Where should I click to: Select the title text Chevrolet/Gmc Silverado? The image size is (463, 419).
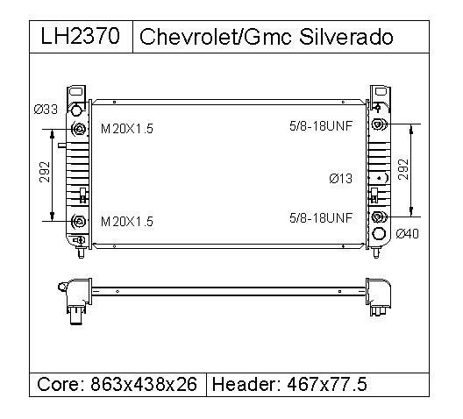pyautogui.click(x=267, y=37)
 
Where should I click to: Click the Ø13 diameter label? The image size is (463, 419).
pyautogui.click(x=340, y=179)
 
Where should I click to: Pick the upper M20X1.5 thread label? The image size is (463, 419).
pyautogui.click(x=127, y=129)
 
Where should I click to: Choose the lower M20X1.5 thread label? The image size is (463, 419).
pyautogui.click(x=127, y=222)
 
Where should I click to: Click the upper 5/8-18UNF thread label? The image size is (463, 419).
pyautogui.click(x=320, y=126)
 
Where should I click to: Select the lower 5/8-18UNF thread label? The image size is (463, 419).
pyautogui.click(x=320, y=217)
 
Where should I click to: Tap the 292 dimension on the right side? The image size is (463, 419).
pyautogui.click(x=404, y=170)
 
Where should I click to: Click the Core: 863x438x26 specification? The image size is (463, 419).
pyautogui.click(x=118, y=385)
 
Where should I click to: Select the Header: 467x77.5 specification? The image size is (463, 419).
pyautogui.click(x=289, y=385)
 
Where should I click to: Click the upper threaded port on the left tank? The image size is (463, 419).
pyautogui.click(x=80, y=130)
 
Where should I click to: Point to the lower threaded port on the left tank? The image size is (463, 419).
pyautogui.click(x=80, y=222)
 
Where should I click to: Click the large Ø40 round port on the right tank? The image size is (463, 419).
pyautogui.click(x=380, y=234)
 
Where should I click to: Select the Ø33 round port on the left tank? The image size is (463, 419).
pyautogui.click(x=77, y=110)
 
